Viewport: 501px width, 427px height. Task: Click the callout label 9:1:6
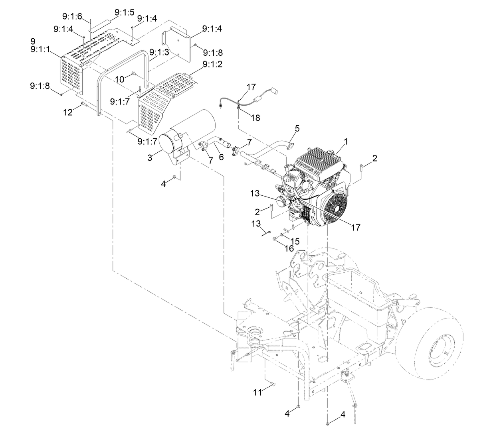[72, 16]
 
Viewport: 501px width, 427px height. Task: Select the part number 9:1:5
[125, 12]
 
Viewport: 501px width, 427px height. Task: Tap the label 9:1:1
[40, 49]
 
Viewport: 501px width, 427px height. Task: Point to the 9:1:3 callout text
[159, 52]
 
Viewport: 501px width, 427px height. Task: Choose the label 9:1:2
[212, 64]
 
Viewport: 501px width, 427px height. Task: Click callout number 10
[120, 79]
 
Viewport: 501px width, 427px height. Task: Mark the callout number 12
[68, 112]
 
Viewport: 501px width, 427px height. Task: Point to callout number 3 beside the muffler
[150, 158]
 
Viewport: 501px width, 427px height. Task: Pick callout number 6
[221, 157]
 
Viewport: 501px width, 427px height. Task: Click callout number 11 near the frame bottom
[258, 392]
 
